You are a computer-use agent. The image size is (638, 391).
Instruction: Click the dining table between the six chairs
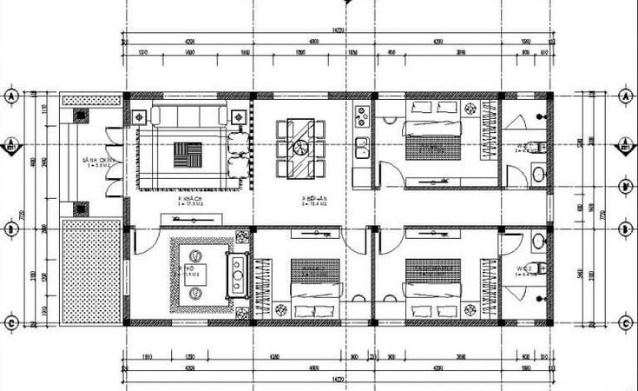pos(300,149)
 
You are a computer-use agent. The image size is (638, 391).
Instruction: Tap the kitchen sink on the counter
pos(361,144)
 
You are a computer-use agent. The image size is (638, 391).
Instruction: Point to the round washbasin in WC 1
pos(538,175)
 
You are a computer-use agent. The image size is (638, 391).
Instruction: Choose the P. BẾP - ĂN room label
pos(312,200)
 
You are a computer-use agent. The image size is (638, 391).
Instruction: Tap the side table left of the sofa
pos(140,114)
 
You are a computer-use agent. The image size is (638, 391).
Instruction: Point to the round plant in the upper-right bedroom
pos(470,109)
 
